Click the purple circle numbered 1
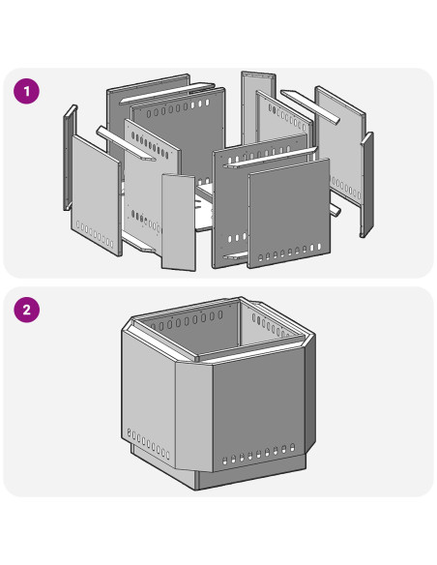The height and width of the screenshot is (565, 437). coord(27,91)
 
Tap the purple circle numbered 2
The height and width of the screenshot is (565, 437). coord(27,310)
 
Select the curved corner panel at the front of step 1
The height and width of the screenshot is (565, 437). coord(179,223)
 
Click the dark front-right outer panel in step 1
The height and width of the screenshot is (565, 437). coord(289,213)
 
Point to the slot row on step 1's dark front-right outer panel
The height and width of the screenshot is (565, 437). coord(290,253)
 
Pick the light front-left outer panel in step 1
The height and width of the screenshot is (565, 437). coord(97,195)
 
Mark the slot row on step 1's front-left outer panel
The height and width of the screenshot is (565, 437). coord(95,234)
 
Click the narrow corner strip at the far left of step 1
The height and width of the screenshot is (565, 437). coord(70,158)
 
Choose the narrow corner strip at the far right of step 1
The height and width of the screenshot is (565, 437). coord(367,185)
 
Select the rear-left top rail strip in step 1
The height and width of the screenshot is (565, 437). coord(167,93)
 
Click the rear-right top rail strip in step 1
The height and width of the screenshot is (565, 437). coord(310,106)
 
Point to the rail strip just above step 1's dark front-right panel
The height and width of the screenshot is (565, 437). coord(270,157)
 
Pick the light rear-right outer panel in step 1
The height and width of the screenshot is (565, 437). coord(340,144)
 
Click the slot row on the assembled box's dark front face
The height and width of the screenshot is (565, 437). coord(258,454)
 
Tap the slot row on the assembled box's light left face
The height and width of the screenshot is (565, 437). coord(148,443)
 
